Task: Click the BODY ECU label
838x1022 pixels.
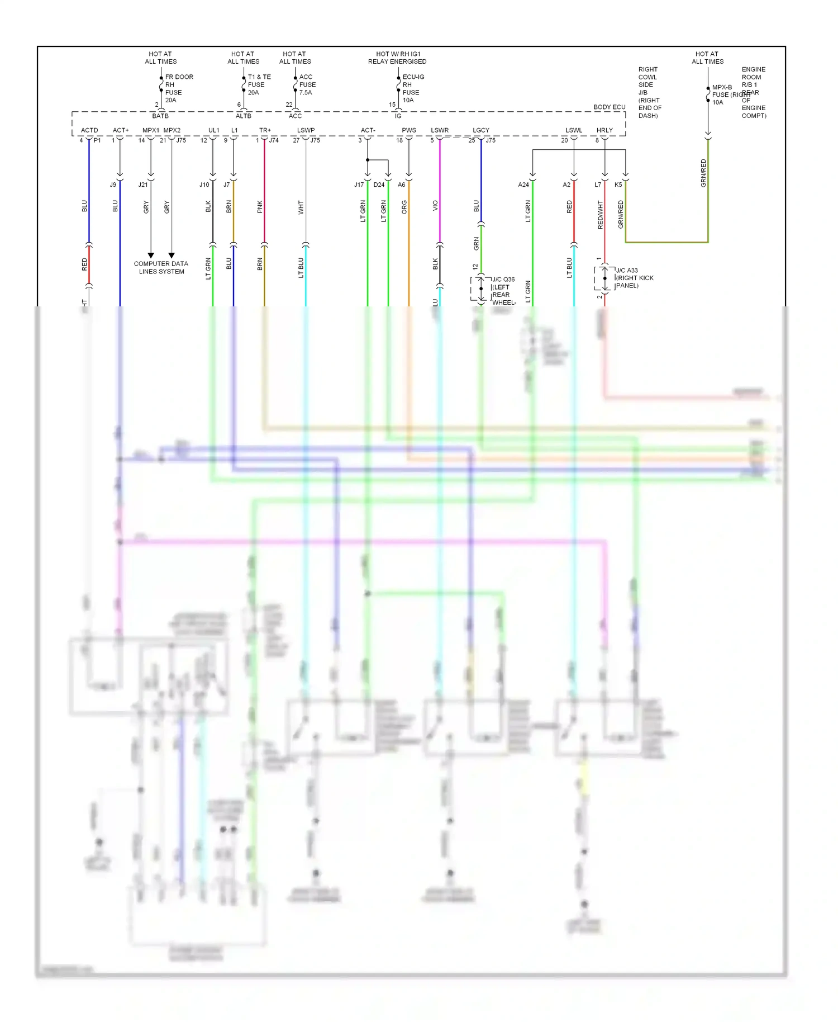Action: click(609, 107)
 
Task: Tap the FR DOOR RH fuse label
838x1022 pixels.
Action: click(179, 88)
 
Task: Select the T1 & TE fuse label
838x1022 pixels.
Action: click(259, 84)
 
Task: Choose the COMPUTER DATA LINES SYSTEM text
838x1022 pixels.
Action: click(161, 267)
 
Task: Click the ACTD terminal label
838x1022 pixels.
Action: click(89, 130)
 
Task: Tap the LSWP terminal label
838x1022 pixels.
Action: click(306, 130)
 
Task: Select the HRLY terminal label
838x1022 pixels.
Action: click(604, 130)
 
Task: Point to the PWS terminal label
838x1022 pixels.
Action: click(409, 130)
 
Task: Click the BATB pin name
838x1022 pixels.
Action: click(160, 116)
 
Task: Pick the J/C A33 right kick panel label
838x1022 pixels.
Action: click(634, 278)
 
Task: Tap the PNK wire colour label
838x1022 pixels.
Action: click(260, 207)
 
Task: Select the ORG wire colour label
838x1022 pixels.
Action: click(404, 207)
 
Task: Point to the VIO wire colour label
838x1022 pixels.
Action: click(435, 206)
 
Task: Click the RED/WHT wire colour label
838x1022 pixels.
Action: click(601, 215)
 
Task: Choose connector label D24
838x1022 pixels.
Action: click(379, 184)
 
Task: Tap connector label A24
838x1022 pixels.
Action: click(523, 184)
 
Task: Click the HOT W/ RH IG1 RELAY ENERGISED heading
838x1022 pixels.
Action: click(397, 58)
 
